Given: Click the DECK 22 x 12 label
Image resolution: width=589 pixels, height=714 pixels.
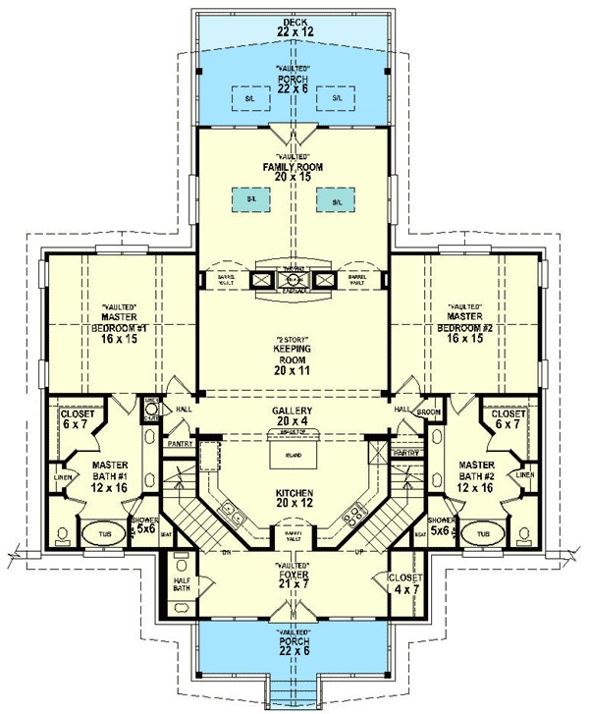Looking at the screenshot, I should [294, 26].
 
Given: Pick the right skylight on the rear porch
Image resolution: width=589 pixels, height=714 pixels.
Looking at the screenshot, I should [337, 98].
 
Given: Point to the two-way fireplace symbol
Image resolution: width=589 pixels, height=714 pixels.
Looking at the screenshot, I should [294, 279].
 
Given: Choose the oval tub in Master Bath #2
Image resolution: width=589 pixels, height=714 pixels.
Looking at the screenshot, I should [480, 535].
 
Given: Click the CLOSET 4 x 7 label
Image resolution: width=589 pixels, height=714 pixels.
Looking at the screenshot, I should [404, 584].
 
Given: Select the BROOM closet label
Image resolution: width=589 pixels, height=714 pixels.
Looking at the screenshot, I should [428, 413].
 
